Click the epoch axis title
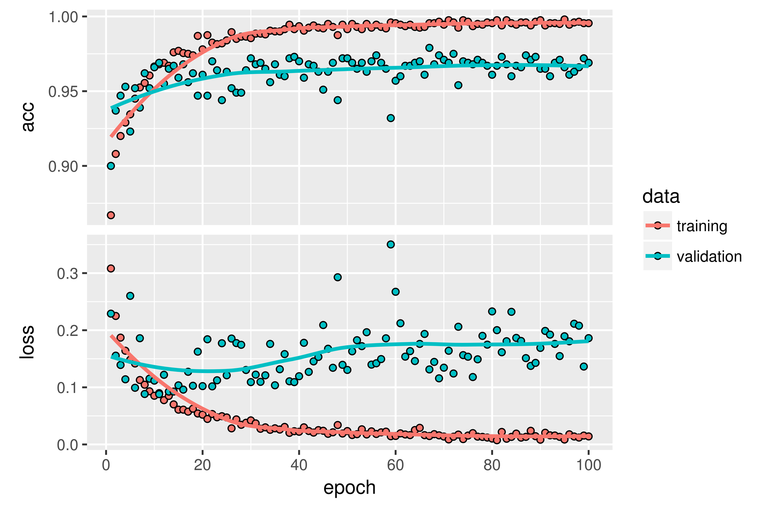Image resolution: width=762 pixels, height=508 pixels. coord(350,488)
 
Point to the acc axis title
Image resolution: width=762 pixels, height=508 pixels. coord(28,117)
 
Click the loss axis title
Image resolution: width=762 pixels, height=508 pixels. coord(27,342)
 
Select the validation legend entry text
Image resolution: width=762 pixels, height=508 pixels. coord(709,256)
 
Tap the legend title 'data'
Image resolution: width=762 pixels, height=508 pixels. coord(661,196)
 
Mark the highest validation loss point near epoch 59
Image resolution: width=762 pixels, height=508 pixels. coord(391,244)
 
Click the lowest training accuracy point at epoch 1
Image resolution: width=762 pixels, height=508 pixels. coord(111,215)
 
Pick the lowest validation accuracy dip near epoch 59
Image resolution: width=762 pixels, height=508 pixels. coord(391,118)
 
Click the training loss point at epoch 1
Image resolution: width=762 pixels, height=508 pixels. coord(111,268)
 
